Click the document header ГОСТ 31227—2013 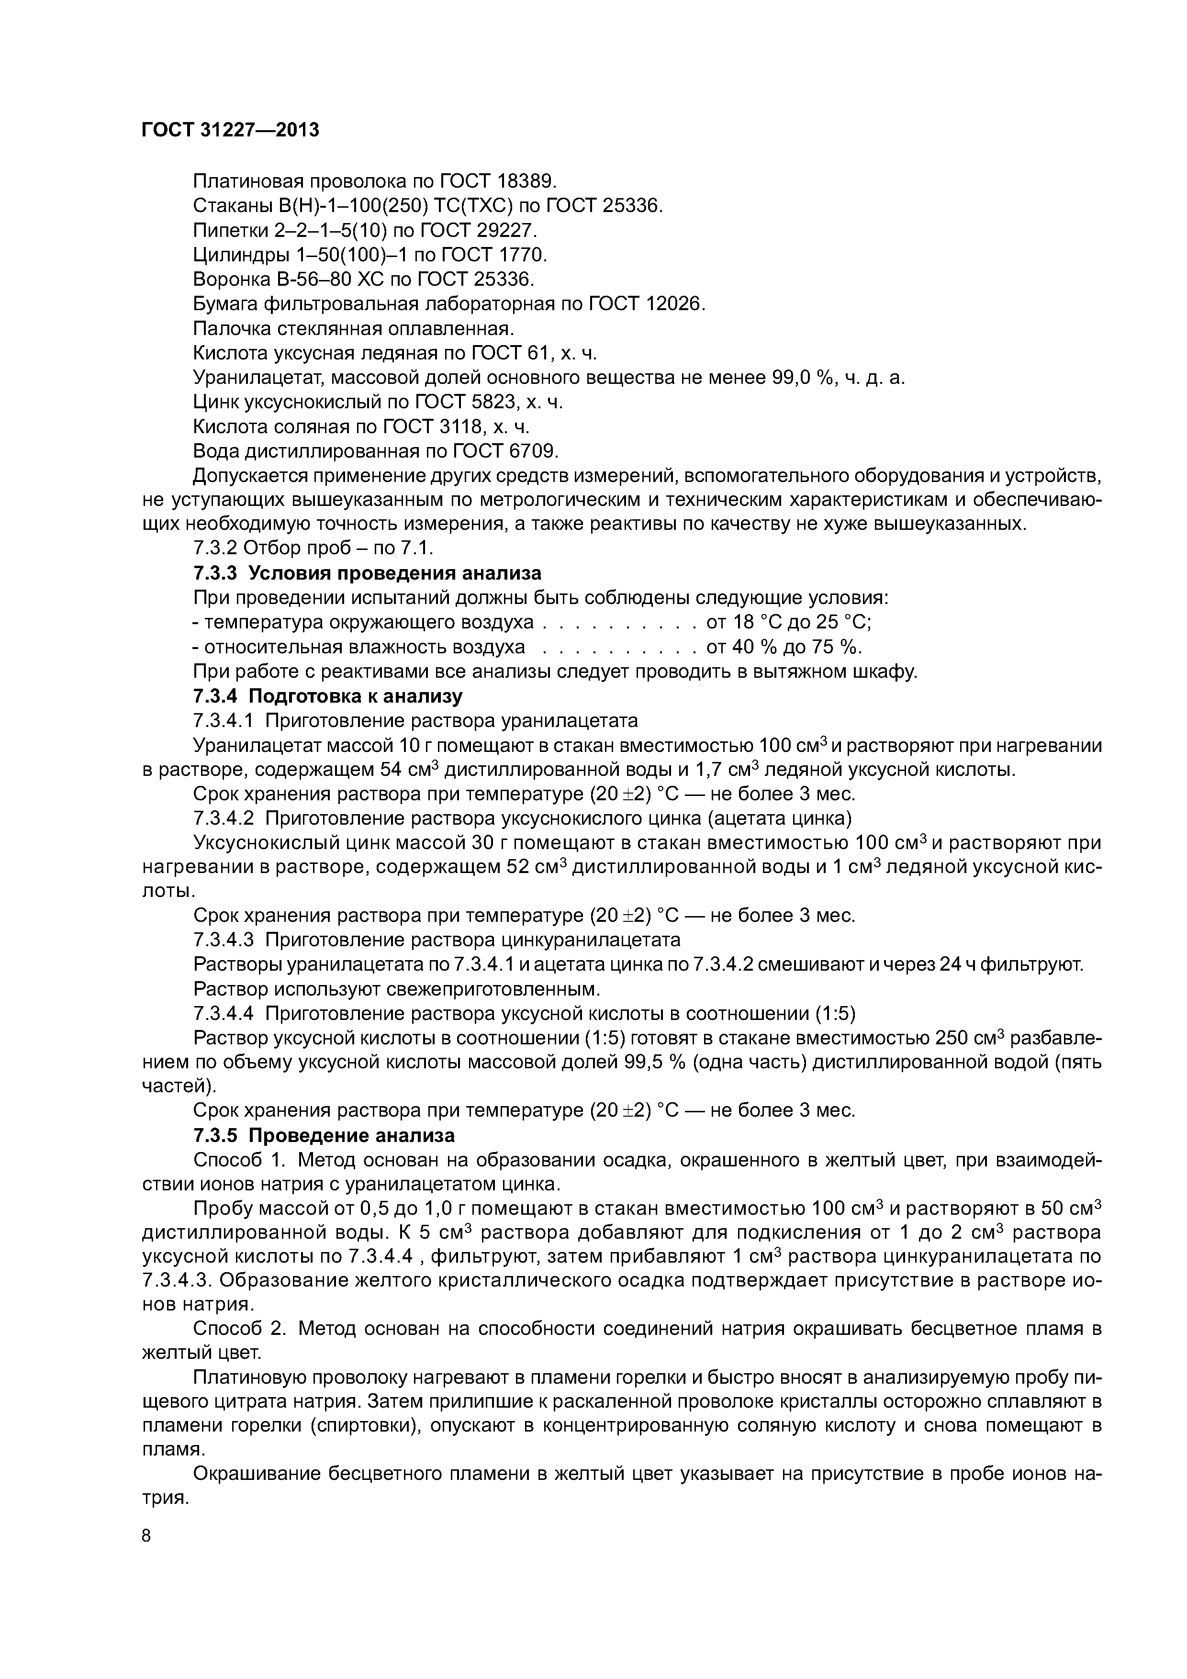tap(230, 130)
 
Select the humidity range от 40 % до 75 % tap(784, 647)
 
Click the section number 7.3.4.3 tap(223, 939)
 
